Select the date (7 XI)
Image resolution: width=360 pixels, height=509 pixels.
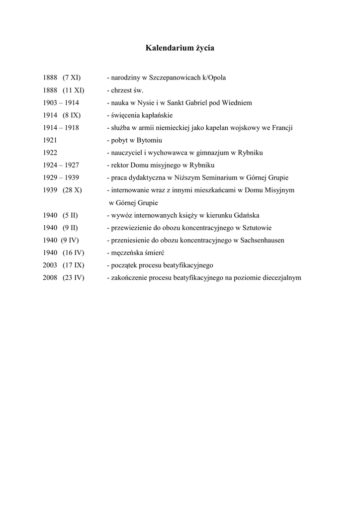pyautogui.click(x=72, y=78)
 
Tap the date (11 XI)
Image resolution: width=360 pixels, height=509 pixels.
pyautogui.click(x=74, y=90)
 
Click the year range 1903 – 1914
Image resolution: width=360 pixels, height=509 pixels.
pyautogui.click(x=61, y=103)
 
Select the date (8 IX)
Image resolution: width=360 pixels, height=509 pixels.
pyautogui.click(x=72, y=115)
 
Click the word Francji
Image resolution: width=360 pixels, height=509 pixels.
pyautogui.click(x=281, y=128)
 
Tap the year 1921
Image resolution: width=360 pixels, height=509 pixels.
pyautogui.click(x=50, y=140)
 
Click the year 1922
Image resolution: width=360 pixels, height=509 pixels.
pyautogui.click(x=50, y=153)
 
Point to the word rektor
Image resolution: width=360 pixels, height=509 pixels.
pyautogui.click(x=119, y=165)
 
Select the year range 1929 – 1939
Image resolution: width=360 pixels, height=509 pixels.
pyautogui.click(x=61, y=177)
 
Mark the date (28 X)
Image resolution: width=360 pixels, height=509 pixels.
pyautogui.click(x=72, y=190)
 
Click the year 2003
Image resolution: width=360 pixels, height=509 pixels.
pyautogui.click(x=50, y=265)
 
